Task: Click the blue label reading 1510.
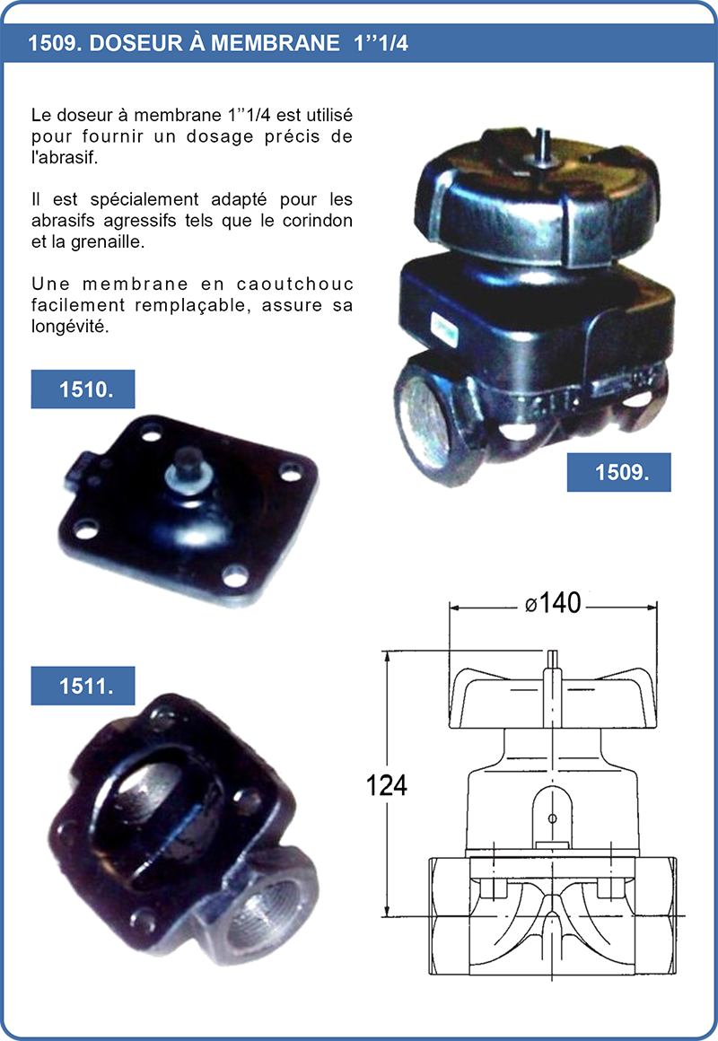83,389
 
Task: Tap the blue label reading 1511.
83,686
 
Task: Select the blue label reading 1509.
619,472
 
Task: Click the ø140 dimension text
553,603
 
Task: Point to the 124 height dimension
387,785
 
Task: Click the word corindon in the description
318,221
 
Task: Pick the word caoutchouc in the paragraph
295,284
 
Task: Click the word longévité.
69,327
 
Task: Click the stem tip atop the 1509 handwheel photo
542,141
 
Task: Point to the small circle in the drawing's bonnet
552,818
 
